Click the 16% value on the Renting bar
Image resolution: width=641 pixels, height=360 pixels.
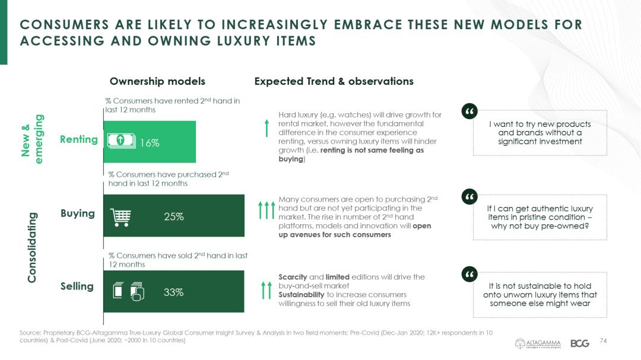tap(150, 143)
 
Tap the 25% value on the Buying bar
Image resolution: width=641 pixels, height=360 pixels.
tap(174, 217)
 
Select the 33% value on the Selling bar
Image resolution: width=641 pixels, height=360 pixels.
tap(174, 292)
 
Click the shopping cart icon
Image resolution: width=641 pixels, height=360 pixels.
tap(120, 217)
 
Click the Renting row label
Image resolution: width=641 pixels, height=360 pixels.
tap(78, 139)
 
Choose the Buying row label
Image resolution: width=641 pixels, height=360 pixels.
tap(78, 214)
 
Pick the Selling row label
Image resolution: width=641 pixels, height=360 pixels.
tap(77, 286)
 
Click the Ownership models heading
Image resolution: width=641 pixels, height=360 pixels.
tap(157, 81)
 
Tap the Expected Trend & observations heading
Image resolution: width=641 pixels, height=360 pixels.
tap(334, 81)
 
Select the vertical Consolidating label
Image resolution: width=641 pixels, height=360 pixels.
tap(33, 247)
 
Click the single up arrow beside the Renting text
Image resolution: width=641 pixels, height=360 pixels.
tap(267, 128)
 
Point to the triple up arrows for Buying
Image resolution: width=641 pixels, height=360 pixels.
tap(266, 211)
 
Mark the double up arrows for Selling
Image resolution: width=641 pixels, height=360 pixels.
tap(266, 291)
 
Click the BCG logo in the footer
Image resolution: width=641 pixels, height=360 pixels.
tap(579, 343)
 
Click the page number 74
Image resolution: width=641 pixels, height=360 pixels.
tap(604, 340)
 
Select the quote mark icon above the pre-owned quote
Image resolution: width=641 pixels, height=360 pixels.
tap(469, 196)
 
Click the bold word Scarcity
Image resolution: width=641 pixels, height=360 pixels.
tap(293, 277)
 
